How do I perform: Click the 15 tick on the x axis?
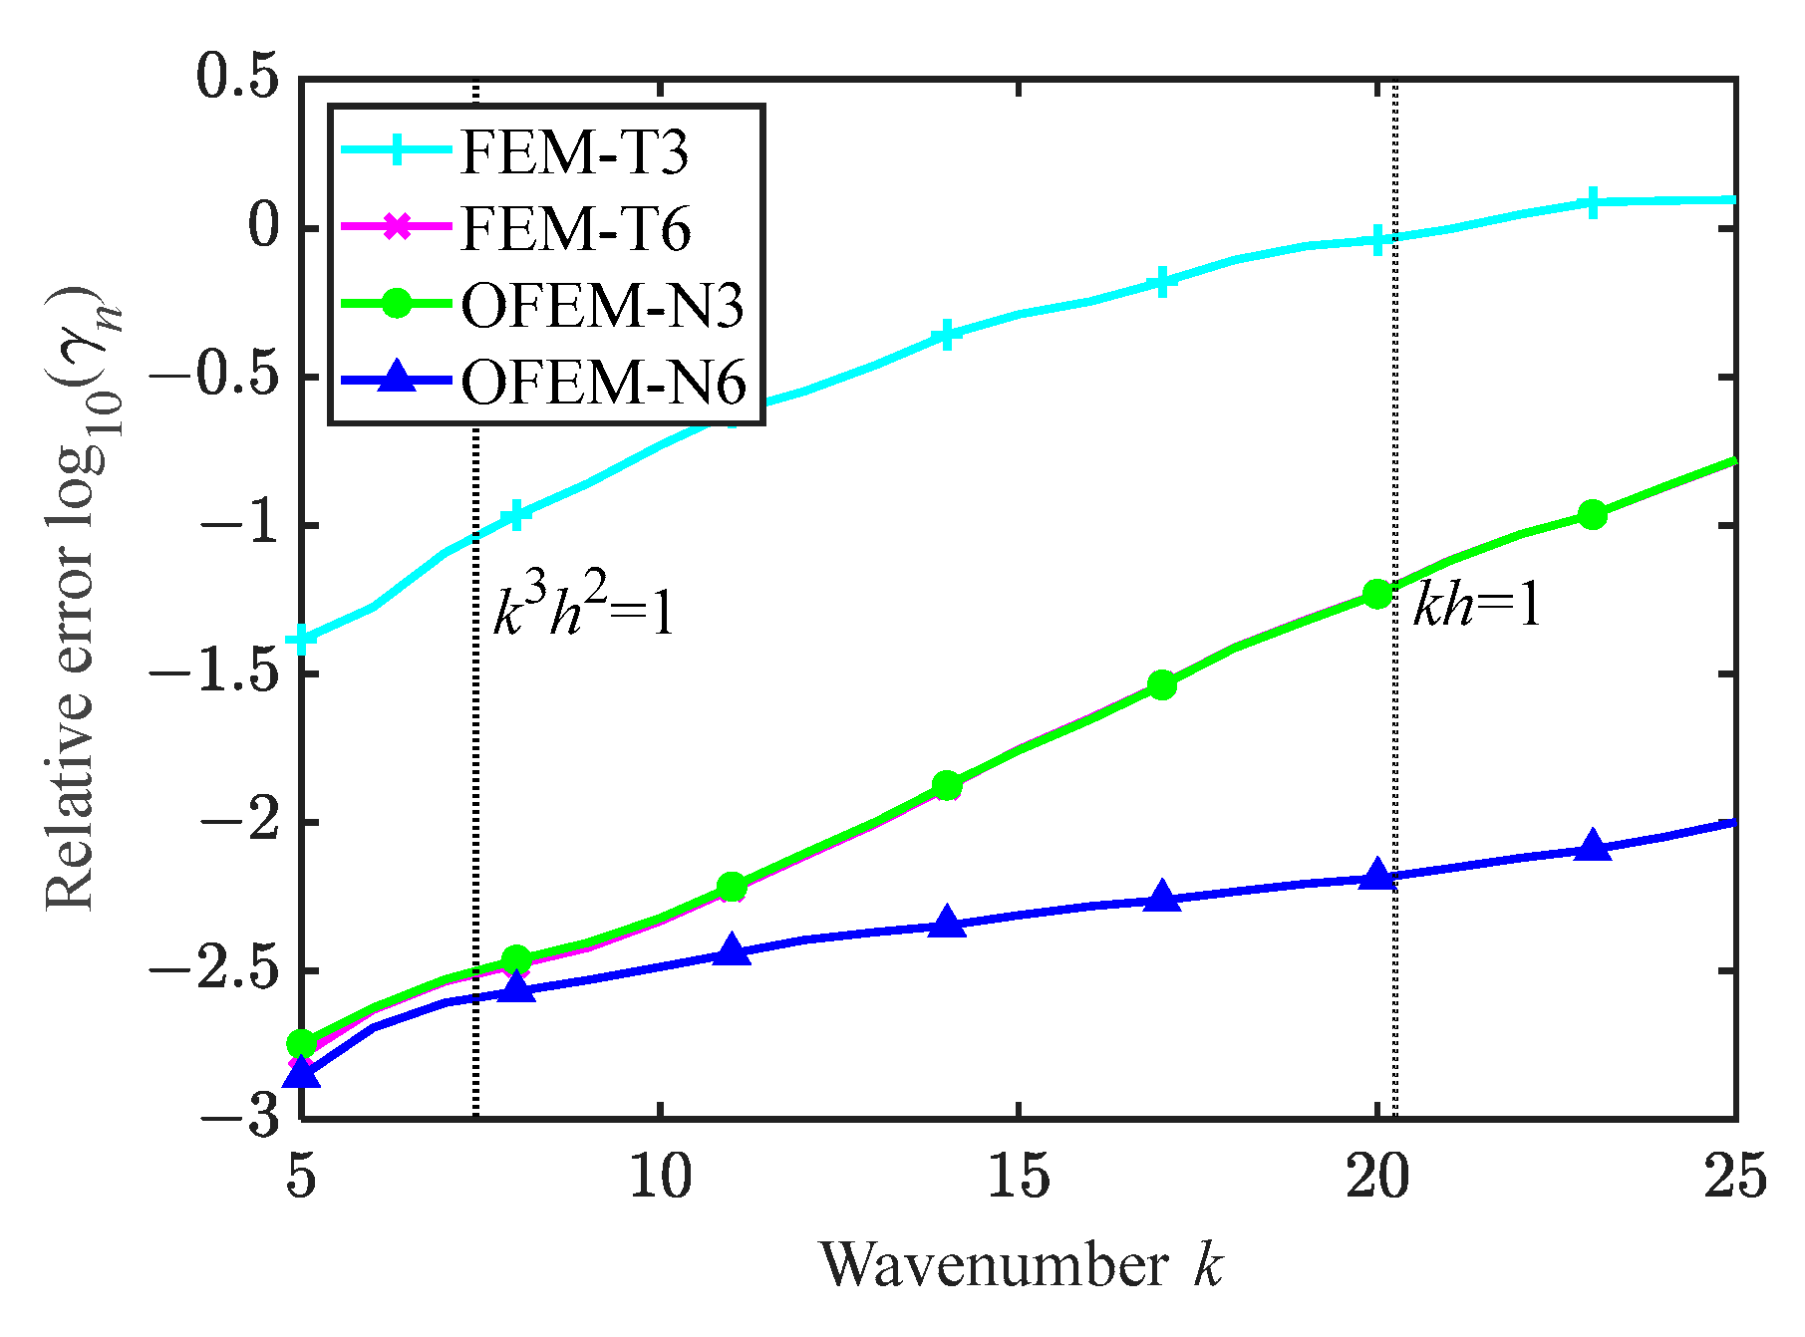(x=1019, y=1178)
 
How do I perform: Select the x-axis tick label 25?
(x=1735, y=1178)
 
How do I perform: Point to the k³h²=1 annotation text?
(x=584, y=610)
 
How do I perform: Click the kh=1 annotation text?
(x=1476, y=604)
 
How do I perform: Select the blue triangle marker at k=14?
(x=947, y=924)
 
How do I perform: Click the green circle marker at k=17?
(x=1162, y=684)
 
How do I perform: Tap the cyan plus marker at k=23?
(x=1592, y=202)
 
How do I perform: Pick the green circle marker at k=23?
(x=1592, y=515)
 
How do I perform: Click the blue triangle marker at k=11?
(x=732, y=950)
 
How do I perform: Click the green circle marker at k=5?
(x=302, y=1043)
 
